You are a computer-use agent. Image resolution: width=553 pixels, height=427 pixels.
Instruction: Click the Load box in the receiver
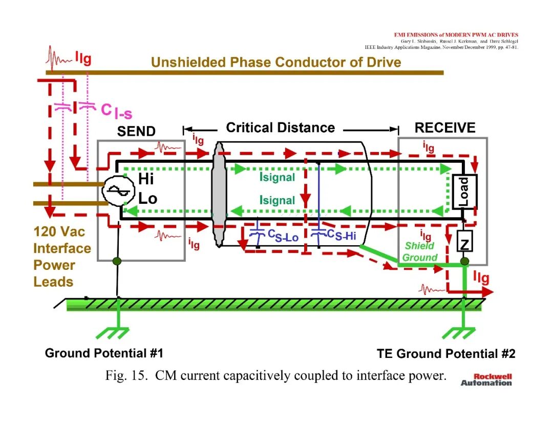pyautogui.click(x=464, y=191)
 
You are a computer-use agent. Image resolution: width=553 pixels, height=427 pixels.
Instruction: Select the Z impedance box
pyautogui.click(x=465, y=241)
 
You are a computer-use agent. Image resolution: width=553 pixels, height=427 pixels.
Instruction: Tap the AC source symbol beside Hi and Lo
pyautogui.click(x=118, y=190)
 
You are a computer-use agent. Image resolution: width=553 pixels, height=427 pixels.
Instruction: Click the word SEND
pyautogui.click(x=136, y=131)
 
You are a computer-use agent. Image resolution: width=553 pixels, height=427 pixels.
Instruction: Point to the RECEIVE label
pyautogui.click(x=445, y=127)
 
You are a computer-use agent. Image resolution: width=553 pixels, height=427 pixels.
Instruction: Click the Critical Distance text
pyautogui.click(x=281, y=127)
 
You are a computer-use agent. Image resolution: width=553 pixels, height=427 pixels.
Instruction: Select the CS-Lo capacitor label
pyautogui.click(x=283, y=236)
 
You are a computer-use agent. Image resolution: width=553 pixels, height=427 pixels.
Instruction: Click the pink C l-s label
pyautogui.click(x=116, y=111)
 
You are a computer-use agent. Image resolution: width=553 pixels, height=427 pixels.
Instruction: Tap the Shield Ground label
pyautogui.click(x=420, y=251)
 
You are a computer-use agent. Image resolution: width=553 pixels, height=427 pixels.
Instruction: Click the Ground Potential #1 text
pyautogui.click(x=104, y=353)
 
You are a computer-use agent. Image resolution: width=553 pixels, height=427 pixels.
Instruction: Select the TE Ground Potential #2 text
pyautogui.click(x=446, y=353)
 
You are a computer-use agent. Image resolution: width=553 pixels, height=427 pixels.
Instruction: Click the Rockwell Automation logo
pyautogui.click(x=486, y=380)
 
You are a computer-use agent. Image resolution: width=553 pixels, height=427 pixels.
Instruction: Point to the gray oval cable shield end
pyautogui.click(x=219, y=194)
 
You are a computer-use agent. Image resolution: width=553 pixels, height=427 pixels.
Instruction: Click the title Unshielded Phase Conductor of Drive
pyautogui.click(x=276, y=62)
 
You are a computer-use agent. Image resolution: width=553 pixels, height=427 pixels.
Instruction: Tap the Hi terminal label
pyautogui.click(x=145, y=179)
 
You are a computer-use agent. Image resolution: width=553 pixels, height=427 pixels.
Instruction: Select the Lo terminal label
pyautogui.click(x=147, y=199)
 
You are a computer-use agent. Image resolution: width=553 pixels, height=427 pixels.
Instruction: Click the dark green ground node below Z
pyautogui.click(x=465, y=261)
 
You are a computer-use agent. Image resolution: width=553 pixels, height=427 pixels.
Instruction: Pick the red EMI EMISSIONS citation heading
pyautogui.click(x=456, y=35)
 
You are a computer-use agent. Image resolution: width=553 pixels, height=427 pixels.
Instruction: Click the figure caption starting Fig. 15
pyautogui.click(x=276, y=375)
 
